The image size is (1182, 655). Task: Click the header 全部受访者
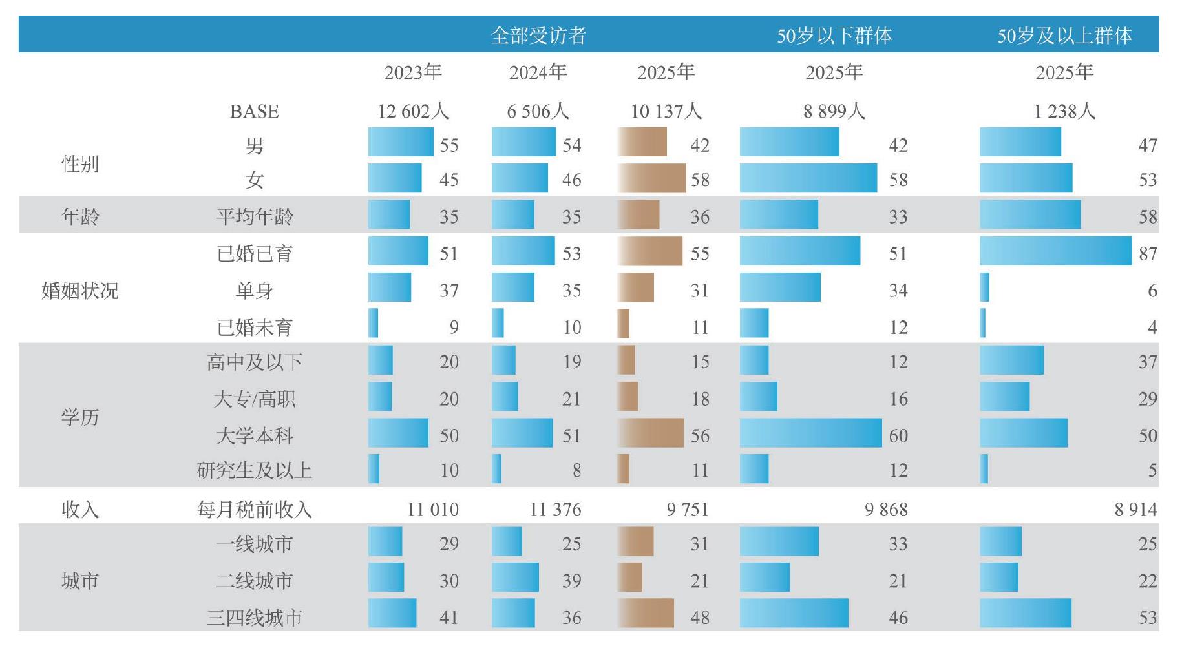(x=538, y=35)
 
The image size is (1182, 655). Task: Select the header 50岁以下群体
(x=834, y=35)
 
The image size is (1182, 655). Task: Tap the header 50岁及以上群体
(x=1064, y=35)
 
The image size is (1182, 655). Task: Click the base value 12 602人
(x=413, y=111)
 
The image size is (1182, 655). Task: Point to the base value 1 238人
(x=1064, y=111)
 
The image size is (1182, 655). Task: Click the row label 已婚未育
(x=255, y=327)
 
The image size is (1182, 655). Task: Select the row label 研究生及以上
(x=255, y=470)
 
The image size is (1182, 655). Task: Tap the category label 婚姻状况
(x=80, y=291)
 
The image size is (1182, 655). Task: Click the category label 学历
(x=80, y=417)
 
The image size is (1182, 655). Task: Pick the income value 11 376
(x=555, y=510)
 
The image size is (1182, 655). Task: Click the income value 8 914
(x=1135, y=510)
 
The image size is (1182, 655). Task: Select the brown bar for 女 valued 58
(x=651, y=178)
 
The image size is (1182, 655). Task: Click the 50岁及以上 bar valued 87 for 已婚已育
(x=1056, y=251)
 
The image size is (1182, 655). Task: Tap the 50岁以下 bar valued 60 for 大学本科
(x=811, y=433)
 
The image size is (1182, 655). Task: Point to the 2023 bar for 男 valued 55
(x=401, y=141)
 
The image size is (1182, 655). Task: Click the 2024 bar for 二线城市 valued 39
(x=515, y=577)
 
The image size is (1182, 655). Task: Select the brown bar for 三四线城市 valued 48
(x=646, y=613)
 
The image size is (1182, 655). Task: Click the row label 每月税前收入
(x=255, y=510)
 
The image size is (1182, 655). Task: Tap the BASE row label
(x=255, y=111)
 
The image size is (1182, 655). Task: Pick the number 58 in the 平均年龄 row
(x=1148, y=216)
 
